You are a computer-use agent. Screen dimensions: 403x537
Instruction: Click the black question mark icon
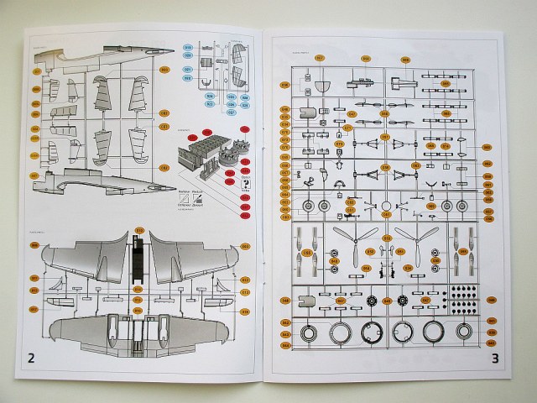tap(244, 181)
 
